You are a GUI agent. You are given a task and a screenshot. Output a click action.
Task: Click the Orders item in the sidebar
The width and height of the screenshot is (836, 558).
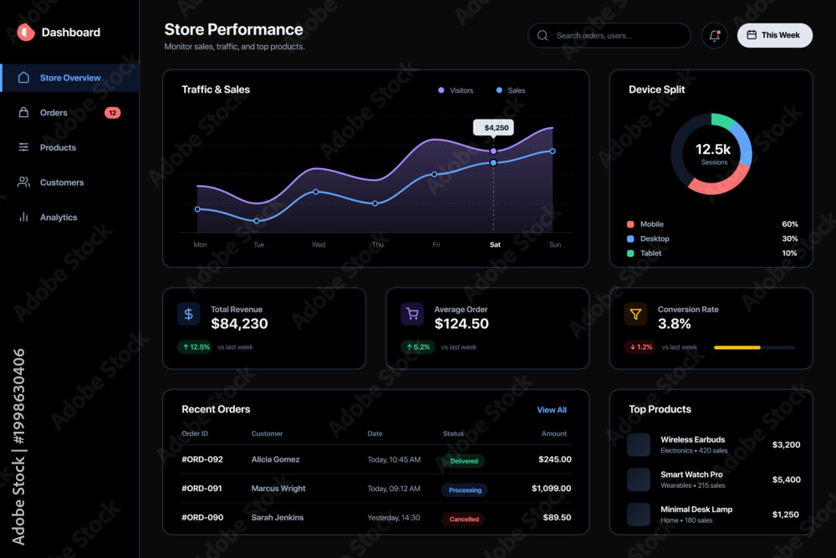click(x=54, y=113)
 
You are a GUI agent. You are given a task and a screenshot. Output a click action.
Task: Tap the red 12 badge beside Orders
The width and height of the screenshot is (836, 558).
click(x=113, y=113)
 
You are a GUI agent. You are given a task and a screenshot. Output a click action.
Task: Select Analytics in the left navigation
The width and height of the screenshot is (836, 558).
click(x=59, y=218)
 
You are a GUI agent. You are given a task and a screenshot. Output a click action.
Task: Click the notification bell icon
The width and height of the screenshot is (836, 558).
click(x=715, y=35)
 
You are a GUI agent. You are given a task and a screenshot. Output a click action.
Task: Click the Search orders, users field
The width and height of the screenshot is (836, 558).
click(x=609, y=35)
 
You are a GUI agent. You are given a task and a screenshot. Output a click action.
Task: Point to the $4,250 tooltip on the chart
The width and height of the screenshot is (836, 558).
click(x=494, y=127)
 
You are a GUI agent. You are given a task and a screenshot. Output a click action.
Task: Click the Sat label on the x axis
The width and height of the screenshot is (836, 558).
click(x=495, y=244)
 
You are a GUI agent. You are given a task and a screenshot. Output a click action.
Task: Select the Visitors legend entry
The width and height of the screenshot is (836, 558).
click(x=456, y=90)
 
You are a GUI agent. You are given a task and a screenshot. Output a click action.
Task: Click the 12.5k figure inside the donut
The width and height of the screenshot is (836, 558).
click(x=713, y=150)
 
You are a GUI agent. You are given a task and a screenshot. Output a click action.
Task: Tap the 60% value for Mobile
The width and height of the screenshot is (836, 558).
click(x=790, y=224)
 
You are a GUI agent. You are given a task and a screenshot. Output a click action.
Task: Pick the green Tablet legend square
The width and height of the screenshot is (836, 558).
click(x=630, y=253)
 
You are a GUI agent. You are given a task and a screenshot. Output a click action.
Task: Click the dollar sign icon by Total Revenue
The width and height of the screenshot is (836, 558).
click(x=189, y=315)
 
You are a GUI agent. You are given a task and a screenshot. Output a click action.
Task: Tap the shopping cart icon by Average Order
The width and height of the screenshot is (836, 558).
click(x=412, y=315)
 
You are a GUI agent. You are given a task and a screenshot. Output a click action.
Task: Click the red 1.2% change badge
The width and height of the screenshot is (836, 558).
click(x=641, y=346)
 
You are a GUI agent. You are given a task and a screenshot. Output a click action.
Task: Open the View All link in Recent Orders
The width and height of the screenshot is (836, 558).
click(x=552, y=410)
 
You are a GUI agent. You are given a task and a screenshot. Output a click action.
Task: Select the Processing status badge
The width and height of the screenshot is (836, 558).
click(x=465, y=489)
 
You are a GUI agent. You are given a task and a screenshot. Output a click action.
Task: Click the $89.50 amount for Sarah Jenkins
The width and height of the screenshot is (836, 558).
click(x=557, y=518)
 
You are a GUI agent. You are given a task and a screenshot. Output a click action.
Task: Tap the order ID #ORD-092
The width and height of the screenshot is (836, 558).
click(x=202, y=459)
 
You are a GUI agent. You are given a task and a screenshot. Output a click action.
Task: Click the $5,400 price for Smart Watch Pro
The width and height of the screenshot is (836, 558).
click(x=786, y=479)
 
